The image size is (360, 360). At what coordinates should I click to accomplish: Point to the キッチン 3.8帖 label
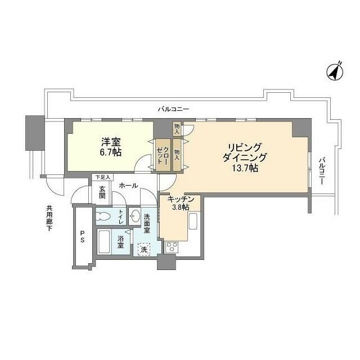(180, 203)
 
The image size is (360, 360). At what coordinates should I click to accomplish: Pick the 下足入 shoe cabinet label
(102, 177)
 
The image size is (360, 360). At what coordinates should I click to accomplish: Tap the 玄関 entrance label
(102, 193)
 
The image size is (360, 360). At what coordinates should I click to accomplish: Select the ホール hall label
(128, 185)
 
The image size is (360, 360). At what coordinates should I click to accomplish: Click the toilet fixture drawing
(104, 216)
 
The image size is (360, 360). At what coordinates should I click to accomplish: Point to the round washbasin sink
(135, 216)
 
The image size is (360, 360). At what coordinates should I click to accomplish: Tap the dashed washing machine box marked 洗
(145, 248)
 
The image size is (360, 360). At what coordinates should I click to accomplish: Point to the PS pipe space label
(82, 236)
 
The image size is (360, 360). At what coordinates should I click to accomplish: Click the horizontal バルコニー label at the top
(173, 109)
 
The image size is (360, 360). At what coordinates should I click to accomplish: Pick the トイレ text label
(121, 216)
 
